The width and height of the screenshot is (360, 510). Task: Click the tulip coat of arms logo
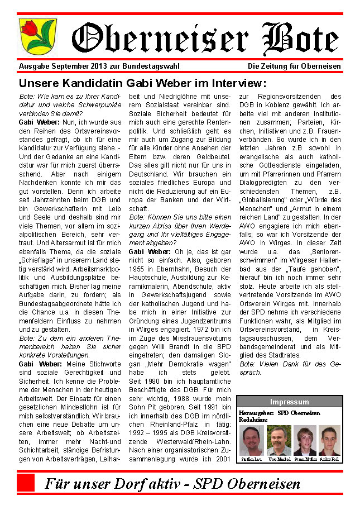coord(30,36)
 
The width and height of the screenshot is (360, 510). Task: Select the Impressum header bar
coord(289,402)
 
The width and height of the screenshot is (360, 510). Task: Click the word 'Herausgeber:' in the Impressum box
coord(256,413)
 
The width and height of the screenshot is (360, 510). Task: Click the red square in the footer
coord(26,483)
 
